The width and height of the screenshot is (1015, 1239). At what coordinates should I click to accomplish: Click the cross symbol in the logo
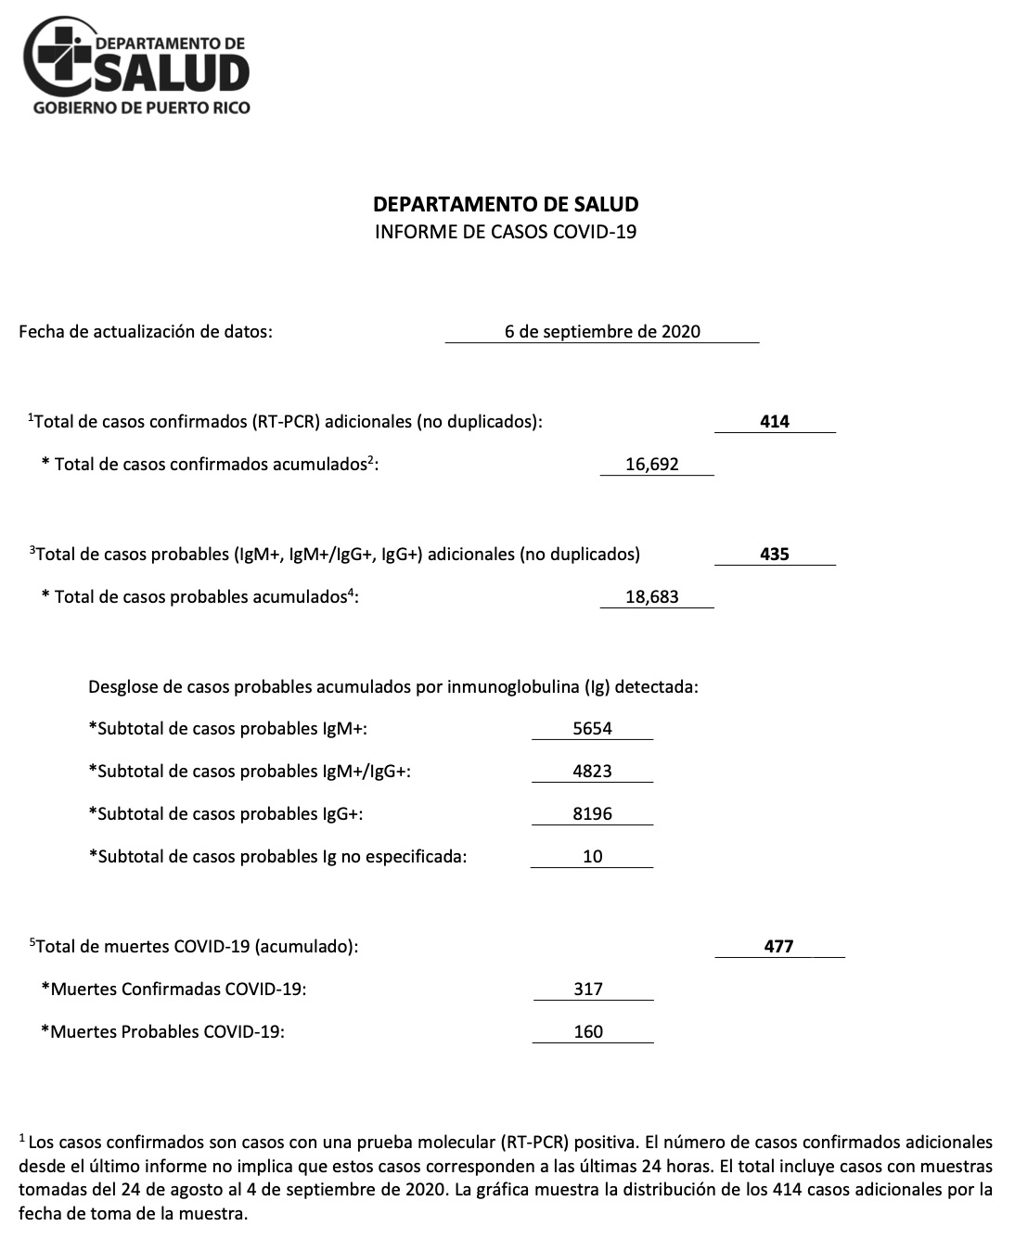[61, 54]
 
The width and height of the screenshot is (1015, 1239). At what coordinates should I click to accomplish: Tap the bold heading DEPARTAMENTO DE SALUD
[506, 204]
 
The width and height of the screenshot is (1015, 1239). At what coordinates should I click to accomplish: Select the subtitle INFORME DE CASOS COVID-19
[506, 232]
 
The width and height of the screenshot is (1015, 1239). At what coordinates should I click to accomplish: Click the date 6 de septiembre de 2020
[602, 332]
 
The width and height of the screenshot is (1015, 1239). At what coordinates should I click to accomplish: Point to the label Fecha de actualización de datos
[146, 331]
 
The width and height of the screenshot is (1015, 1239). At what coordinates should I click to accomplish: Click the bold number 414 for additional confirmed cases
[775, 421]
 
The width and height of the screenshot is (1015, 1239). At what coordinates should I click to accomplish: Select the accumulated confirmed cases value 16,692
[652, 464]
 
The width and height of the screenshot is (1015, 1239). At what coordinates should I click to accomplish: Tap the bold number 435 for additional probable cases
[775, 554]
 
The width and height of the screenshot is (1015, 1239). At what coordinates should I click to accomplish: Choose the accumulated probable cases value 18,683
[652, 596]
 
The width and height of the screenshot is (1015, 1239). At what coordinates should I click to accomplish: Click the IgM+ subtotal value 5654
[593, 728]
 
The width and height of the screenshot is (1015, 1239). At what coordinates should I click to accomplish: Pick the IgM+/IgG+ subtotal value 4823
[593, 771]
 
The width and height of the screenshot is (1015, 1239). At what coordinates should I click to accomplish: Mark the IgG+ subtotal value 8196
[593, 813]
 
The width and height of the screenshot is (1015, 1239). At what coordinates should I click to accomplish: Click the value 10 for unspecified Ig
[593, 856]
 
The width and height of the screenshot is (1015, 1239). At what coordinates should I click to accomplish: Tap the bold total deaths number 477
[778, 946]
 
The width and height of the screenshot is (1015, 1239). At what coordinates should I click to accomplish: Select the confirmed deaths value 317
[588, 989]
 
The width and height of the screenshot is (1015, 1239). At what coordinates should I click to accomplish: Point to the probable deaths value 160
[588, 1031]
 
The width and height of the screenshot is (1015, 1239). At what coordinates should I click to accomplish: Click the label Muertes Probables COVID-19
[162, 1031]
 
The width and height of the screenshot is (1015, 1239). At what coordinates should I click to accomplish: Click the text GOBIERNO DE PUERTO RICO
[141, 108]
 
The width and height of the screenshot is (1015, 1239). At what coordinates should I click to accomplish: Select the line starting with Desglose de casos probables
[392, 687]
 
